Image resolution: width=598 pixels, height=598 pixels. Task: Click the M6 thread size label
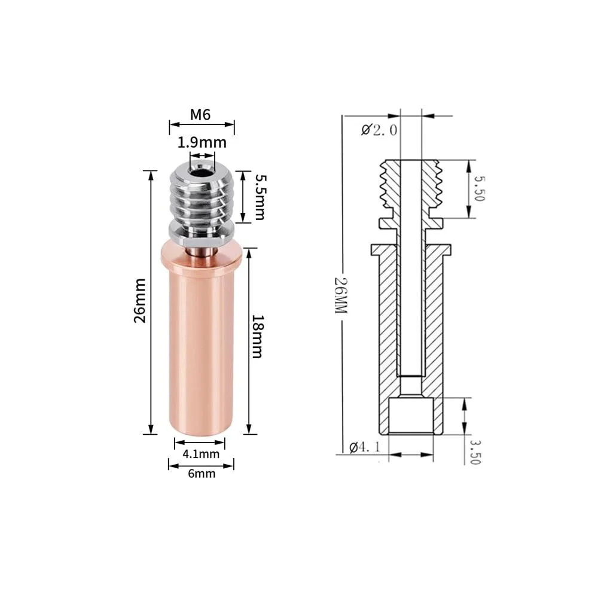200,114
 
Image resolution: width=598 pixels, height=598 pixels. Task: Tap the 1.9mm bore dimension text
202,143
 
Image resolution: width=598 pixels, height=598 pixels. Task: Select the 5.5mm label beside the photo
260,197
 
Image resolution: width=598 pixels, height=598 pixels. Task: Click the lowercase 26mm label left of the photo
140,301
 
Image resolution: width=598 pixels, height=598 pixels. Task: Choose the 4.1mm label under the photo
201,454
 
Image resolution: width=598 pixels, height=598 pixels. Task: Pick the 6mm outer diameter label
202,474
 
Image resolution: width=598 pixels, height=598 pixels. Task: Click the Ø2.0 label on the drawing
379,130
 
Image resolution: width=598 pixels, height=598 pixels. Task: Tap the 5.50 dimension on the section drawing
479,188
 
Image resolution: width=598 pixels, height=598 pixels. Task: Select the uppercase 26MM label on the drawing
341,295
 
